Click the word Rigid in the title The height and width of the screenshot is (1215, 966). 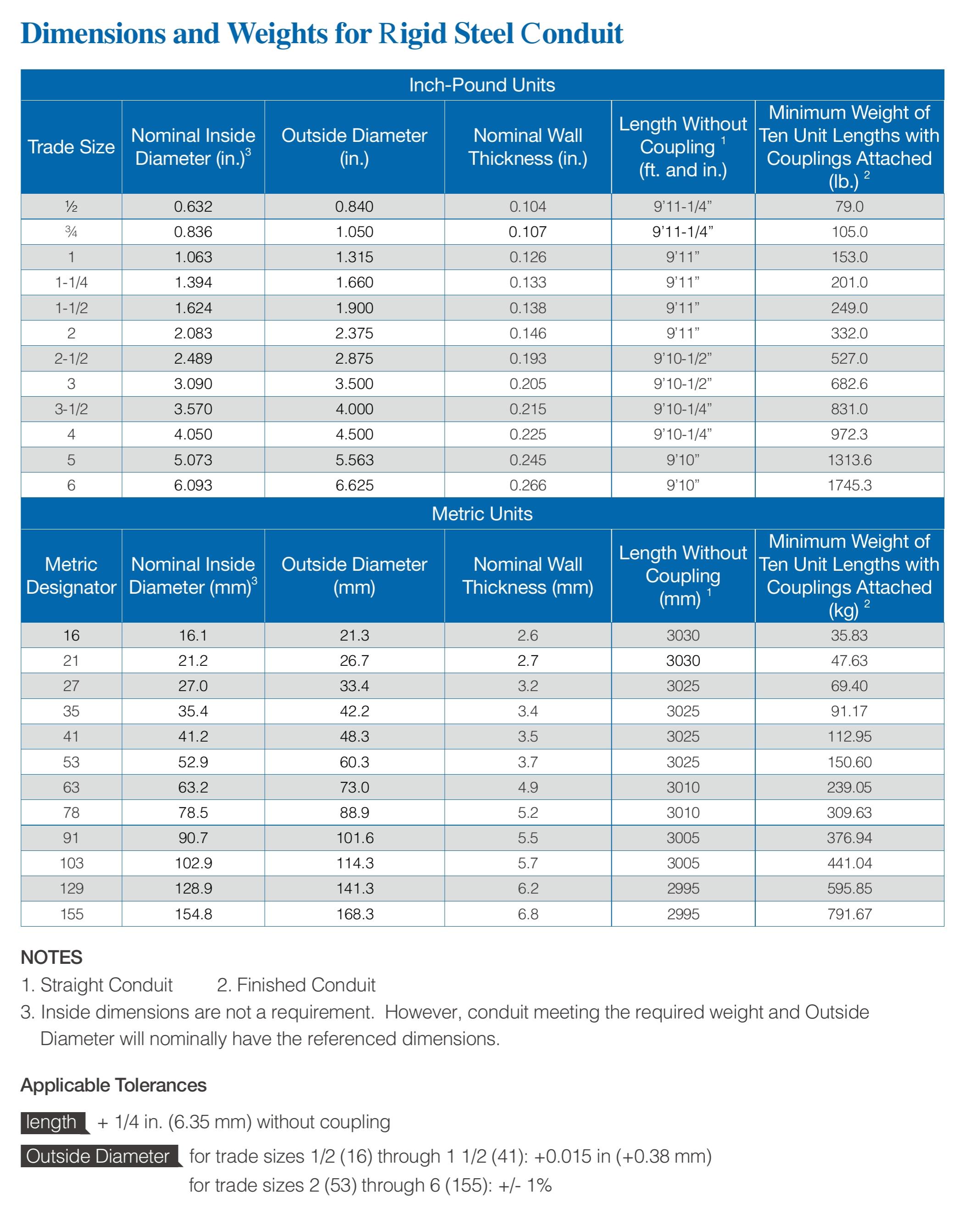412,34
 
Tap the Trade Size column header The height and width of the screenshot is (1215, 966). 71,147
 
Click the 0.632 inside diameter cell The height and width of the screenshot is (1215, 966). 193,207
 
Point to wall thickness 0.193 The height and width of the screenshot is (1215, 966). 527,359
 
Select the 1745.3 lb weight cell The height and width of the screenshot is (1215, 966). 849,485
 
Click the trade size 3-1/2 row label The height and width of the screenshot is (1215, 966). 71,409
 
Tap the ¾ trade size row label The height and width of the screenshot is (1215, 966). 71,231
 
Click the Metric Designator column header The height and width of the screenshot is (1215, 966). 71,575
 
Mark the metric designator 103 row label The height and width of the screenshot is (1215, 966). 71,863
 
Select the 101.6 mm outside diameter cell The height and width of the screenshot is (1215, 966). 354,838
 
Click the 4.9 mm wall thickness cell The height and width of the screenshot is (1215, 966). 527,787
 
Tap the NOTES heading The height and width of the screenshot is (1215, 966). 51,957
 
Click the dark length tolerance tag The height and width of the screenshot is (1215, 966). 52,1122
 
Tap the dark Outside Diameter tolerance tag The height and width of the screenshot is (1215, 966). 98,1156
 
